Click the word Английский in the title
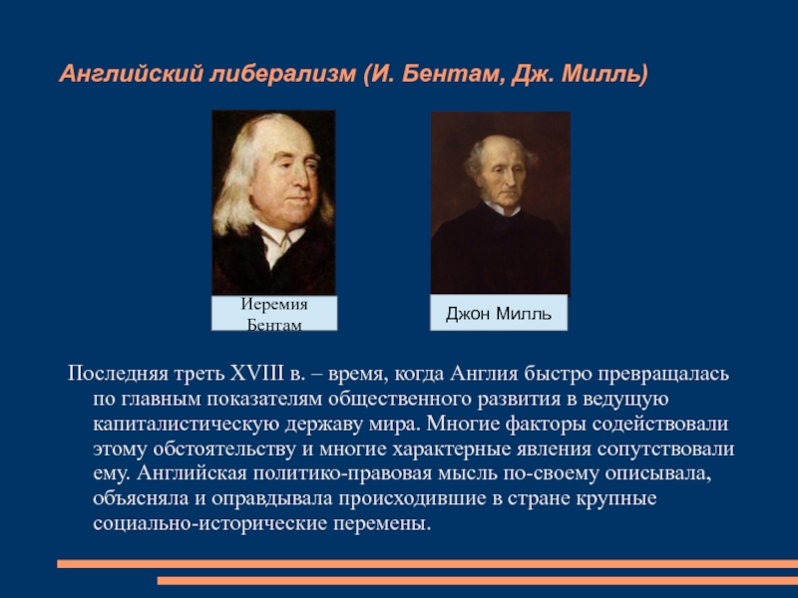(132, 74)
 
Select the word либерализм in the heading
(282, 74)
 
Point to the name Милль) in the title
(605, 74)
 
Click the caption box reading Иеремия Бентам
(274, 313)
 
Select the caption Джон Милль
(499, 313)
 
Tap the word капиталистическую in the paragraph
(186, 425)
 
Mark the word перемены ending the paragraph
(383, 524)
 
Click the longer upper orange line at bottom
(428, 563)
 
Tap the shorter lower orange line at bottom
(478, 581)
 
